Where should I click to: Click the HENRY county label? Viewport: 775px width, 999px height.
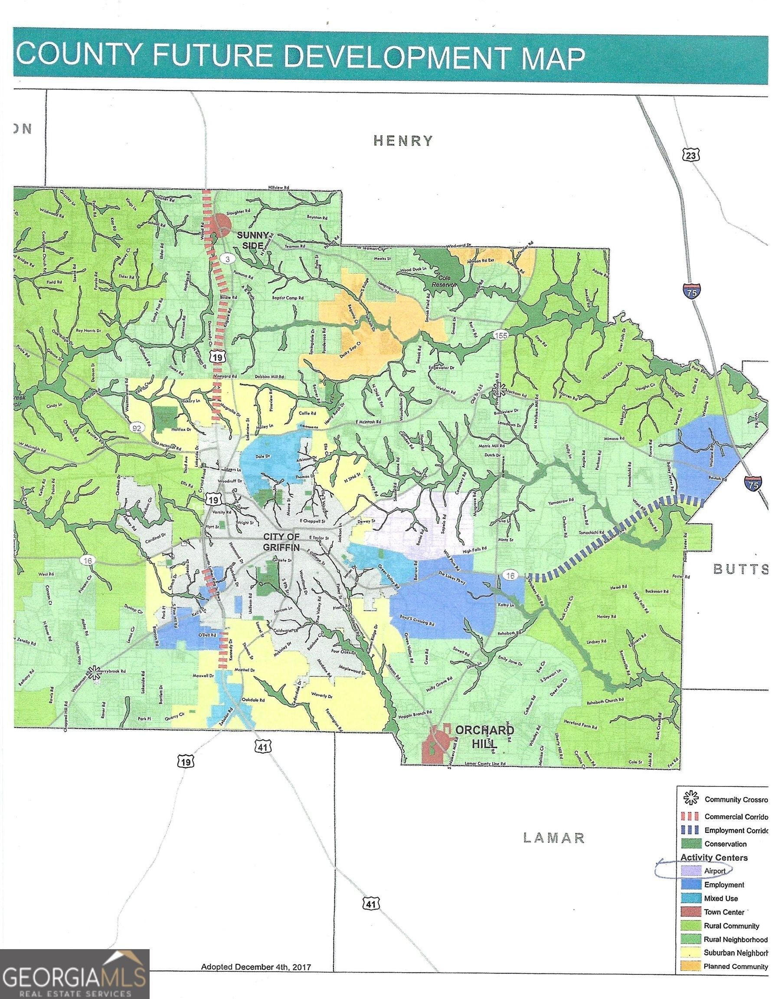403,141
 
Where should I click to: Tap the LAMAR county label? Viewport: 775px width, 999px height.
554,838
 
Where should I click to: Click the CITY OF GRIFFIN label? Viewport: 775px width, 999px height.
281,542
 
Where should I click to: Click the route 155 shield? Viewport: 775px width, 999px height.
501,335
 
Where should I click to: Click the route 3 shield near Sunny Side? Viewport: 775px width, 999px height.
226,259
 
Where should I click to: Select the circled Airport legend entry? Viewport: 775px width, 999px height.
706,871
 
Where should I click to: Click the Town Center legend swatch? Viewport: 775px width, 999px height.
690,912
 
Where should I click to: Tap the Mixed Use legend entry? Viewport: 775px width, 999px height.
720,898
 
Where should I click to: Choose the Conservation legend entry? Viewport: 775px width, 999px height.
725,844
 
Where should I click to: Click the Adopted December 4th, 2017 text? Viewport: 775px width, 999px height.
256,967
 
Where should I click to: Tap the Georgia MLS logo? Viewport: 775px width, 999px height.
75,974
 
